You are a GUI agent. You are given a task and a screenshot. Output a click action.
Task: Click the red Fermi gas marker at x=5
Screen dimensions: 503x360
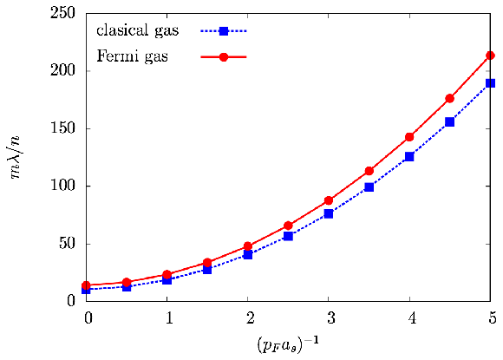490,56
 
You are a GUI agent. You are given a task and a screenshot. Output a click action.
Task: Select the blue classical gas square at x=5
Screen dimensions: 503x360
490,83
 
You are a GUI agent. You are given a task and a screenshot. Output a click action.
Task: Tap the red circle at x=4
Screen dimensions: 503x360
409,137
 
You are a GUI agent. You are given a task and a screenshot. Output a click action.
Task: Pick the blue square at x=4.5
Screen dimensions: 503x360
450,122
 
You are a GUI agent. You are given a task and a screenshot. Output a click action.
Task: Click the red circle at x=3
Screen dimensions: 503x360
329,200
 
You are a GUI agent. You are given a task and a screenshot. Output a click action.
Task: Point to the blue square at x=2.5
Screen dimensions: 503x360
288,236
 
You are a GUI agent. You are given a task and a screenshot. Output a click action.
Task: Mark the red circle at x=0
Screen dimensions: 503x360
86,285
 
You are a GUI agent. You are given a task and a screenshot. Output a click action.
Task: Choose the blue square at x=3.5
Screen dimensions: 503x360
369,187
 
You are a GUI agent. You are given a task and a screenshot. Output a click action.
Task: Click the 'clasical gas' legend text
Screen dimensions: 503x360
138,31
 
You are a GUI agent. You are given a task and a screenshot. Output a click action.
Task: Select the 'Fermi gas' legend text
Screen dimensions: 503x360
132,56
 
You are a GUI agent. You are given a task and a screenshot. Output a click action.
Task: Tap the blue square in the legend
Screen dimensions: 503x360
224,31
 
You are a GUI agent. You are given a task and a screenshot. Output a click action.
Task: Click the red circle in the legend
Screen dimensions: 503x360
224,57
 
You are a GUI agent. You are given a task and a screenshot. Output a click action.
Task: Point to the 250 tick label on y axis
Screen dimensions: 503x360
62,13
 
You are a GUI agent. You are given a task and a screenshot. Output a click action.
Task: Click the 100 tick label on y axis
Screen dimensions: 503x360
62,186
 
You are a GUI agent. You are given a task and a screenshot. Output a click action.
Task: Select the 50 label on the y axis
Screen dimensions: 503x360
67,244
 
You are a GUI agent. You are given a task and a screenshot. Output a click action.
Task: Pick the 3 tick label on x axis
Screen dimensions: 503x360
331,317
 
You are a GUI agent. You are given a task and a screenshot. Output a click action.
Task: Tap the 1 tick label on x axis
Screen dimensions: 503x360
169,317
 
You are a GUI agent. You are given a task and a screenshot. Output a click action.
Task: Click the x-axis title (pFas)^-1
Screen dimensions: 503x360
288,344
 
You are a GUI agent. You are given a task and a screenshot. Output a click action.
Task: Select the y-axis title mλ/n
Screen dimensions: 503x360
14,157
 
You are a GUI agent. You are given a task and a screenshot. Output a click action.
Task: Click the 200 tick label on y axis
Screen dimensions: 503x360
62,70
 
